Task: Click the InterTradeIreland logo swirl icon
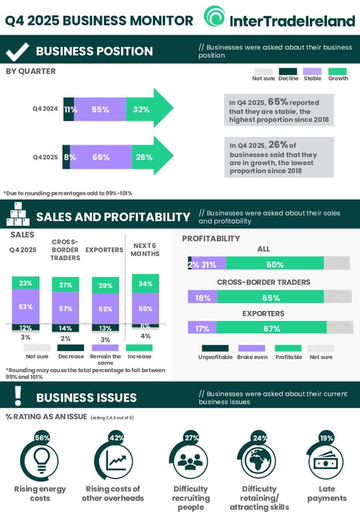pos(214,17)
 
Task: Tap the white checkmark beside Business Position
pos(17,51)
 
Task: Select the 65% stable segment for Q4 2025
pos(100,157)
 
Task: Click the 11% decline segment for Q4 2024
pos(69,109)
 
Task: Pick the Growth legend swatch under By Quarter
pos(337,71)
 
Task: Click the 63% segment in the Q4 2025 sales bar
pos(26,306)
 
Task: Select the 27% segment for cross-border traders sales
pos(66,285)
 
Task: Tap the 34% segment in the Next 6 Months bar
pos(145,284)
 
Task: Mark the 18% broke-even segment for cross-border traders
pos(203,298)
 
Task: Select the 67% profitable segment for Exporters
pos(271,329)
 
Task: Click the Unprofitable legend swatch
pos(215,348)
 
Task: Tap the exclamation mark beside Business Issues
pos(17,395)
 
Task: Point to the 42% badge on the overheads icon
pos(116,438)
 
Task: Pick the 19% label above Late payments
pos(326,438)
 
